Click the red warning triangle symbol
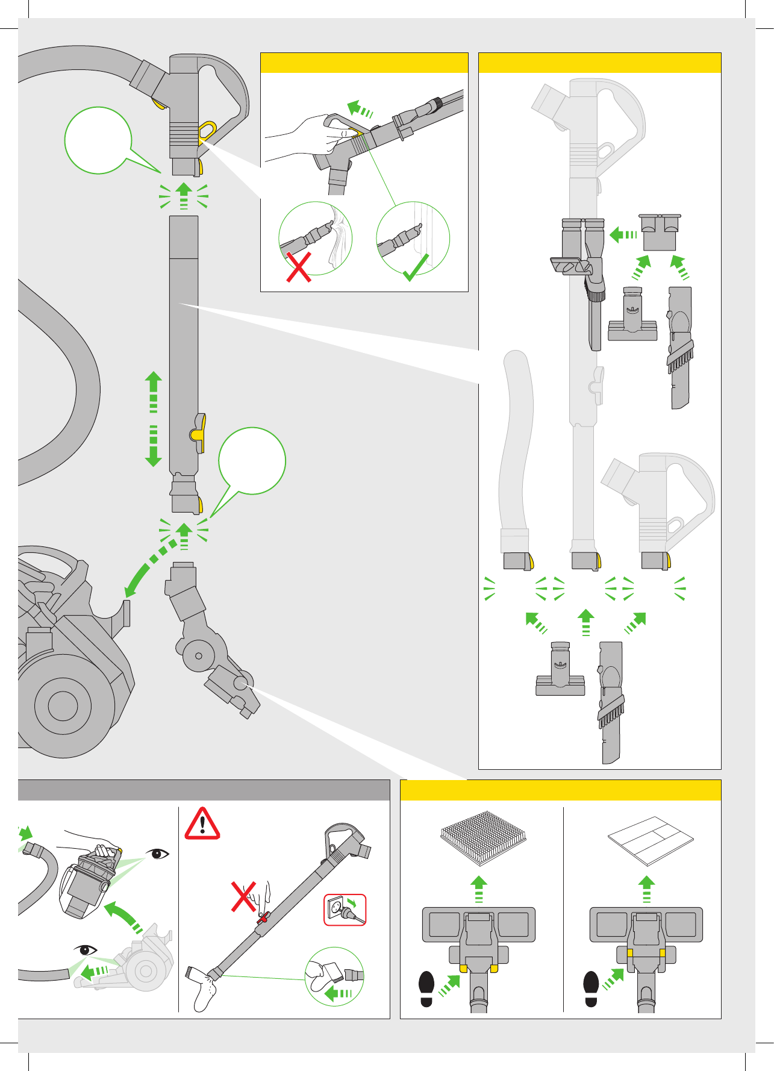tap(202, 824)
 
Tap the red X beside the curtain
tap(299, 267)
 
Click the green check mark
tap(416, 269)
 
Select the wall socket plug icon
tap(345, 910)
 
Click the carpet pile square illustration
tap(482, 836)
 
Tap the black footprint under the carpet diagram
tap(426, 988)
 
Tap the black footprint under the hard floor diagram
tap(591, 988)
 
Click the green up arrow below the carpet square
tap(479, 889)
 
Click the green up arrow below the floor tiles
tap(646, 889)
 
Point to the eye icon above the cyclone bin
tap(158, 854)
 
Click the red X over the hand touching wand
tap(244, 896)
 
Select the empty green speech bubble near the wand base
tap(252, 461)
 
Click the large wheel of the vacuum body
tap(63, 705)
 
